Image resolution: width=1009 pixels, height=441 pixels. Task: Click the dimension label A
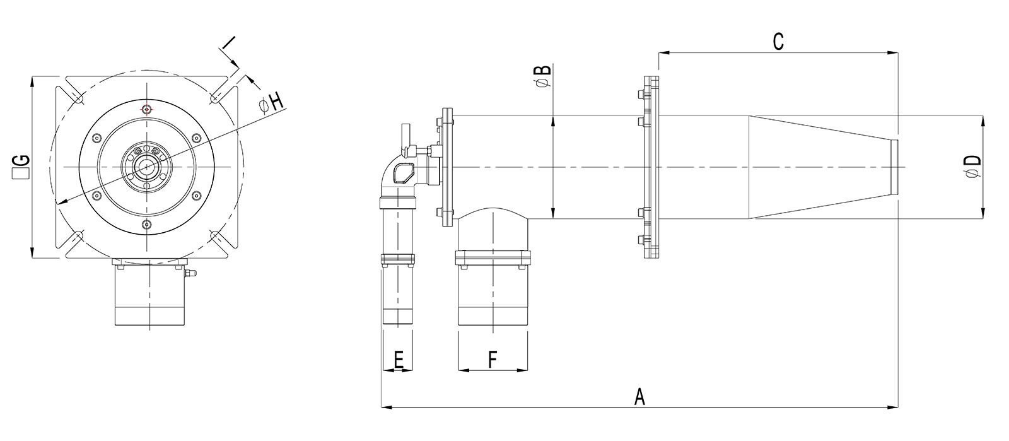639,397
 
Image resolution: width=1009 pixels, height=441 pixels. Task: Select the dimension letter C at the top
778,42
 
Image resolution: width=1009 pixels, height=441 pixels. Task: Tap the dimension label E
398,360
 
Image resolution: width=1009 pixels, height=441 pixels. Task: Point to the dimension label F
493,360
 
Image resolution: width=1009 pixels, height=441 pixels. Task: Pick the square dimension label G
21,167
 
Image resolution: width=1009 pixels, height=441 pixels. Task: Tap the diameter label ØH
271,103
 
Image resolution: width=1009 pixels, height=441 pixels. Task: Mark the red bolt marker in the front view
146,109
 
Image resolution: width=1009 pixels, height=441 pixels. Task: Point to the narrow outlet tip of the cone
895,167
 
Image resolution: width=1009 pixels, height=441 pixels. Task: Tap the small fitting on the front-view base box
192,273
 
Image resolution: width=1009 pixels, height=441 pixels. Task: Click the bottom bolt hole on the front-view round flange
146,225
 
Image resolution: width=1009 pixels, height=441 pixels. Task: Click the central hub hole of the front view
146,167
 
